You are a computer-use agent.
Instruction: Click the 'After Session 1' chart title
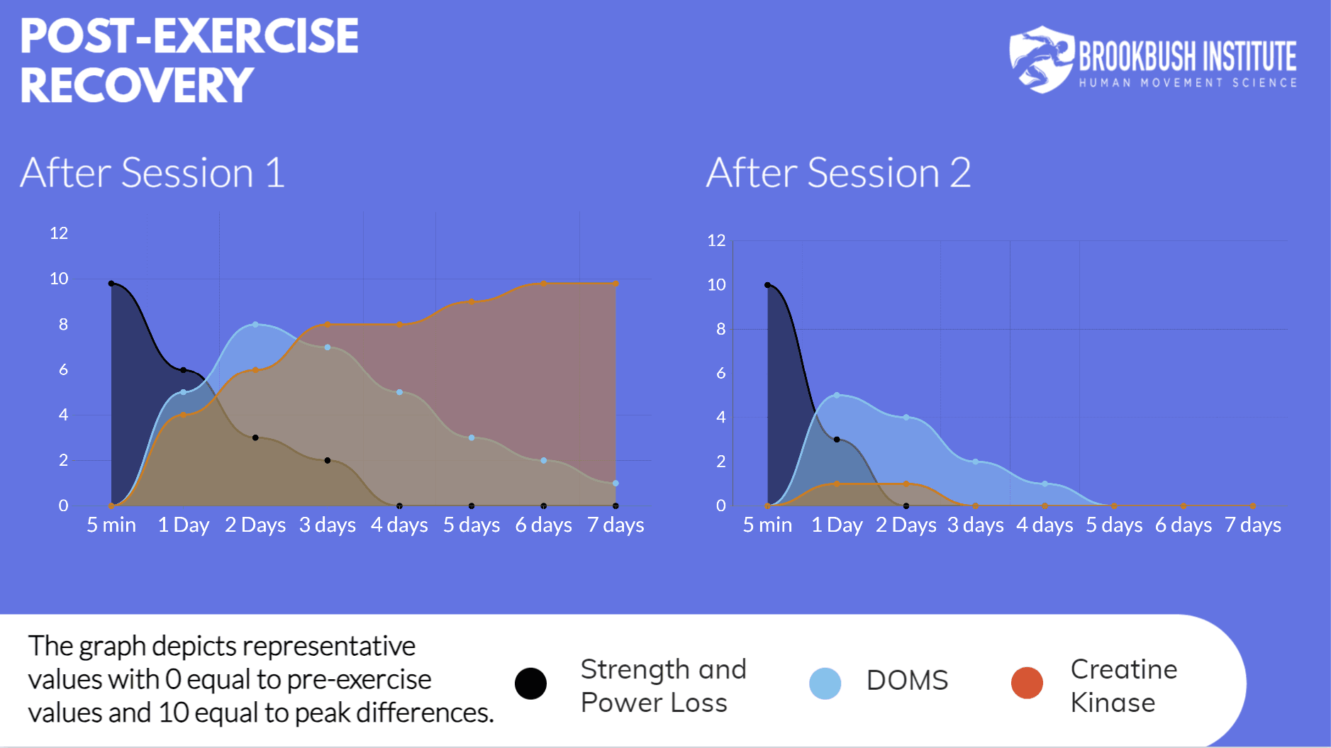[x=152, y=173]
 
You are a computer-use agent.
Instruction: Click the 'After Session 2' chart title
[x=837, y=173]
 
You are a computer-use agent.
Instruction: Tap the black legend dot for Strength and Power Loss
[x=530, y=683]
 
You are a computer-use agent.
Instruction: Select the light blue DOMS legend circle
[x=825, y=683]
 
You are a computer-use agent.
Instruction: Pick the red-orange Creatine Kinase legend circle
[x=1027, y=683]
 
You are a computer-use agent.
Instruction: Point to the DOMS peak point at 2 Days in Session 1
[x=255, y=325]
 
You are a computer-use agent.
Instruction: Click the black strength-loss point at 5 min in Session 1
[x=111, y=284]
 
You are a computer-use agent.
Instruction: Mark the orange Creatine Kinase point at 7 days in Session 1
[x=616, y=284]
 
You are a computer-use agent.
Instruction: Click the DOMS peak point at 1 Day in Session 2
[x=837, y=395]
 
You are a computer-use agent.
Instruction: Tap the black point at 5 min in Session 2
[x=767, y=285]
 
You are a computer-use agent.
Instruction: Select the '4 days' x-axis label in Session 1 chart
[x=399, y=525]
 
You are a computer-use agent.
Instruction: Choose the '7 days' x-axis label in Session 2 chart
[x=1252, y=525]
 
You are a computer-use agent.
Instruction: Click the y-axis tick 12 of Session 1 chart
[x=59, y=233]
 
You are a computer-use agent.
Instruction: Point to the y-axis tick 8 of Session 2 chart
[x=720, y=329]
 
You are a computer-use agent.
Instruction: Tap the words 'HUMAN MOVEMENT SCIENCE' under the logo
[x=1188, y=83]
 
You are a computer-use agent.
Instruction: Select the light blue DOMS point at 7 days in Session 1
[x=616, y=484]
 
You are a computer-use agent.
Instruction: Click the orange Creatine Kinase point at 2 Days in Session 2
[x=906, y=484]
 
